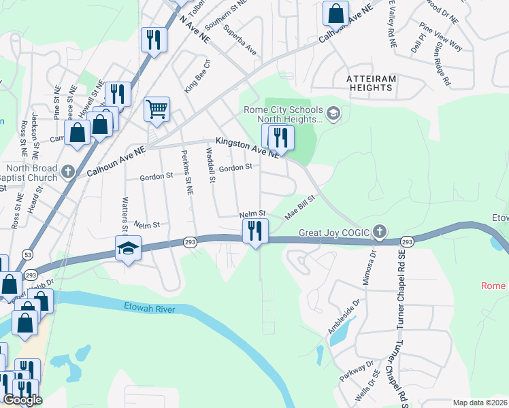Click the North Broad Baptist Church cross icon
coord(67,171)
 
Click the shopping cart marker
coord(157,109)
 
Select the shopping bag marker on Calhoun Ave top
coord(336,13)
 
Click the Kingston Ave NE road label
coord(247,148)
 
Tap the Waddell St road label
coord(210,167)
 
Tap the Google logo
coord(22,400)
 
